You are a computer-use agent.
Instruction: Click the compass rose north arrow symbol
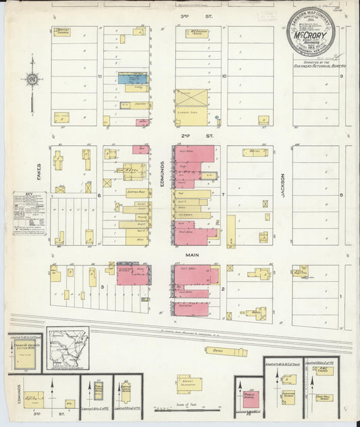pos(32,82)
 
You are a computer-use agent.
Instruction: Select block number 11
pos(100,76)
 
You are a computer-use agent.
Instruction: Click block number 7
pos(223,195)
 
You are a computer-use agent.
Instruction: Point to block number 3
pos(101,287)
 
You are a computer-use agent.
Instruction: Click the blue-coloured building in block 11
pos(132,78)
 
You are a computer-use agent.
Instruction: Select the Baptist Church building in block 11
pos(65,32)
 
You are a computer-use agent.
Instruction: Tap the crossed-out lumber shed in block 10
pos(191,98)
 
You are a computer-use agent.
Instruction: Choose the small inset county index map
pos(68,349)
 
